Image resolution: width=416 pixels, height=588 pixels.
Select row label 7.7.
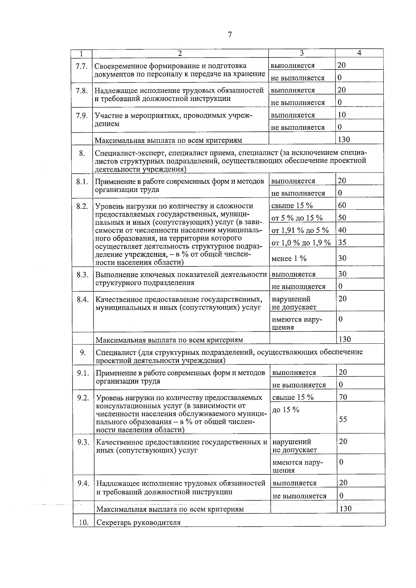(81, 66)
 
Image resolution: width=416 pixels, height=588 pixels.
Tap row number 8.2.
(83, 206)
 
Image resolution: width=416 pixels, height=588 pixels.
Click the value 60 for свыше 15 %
(342, 205)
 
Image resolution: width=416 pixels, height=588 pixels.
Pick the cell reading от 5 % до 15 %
(297, 218)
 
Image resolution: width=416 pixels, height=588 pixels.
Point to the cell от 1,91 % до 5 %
(300, 230)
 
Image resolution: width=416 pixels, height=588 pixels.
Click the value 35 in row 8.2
(342, 243)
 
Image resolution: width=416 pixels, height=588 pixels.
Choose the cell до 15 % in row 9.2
(286, 410)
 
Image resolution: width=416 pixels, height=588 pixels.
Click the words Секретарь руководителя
(138, 523)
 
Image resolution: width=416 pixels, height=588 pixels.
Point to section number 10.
(84, 523)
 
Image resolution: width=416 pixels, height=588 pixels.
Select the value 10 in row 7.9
(341, 115)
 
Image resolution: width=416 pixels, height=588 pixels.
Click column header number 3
(302, 53)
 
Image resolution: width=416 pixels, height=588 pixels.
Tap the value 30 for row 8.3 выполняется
(342, 274)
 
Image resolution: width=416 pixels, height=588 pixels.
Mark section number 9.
(83, 353)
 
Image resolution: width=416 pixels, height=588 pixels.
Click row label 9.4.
(83, 483)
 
